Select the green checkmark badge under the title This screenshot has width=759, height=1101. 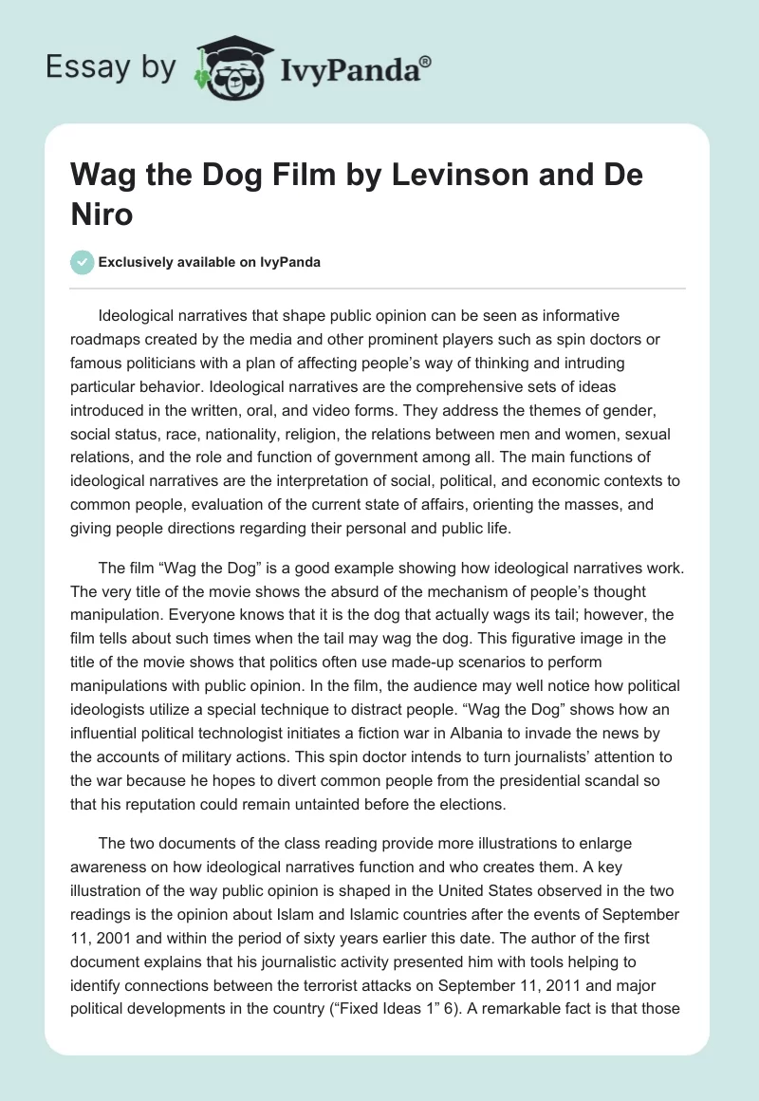[x=82, y=262]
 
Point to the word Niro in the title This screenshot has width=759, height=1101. [x=102, y=215]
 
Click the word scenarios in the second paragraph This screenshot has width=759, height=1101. [x=526, y=661]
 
